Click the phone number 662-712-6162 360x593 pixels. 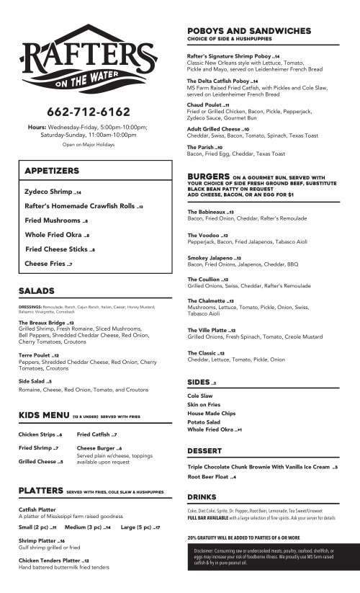[88, 112]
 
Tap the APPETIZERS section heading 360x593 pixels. [52, 171]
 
